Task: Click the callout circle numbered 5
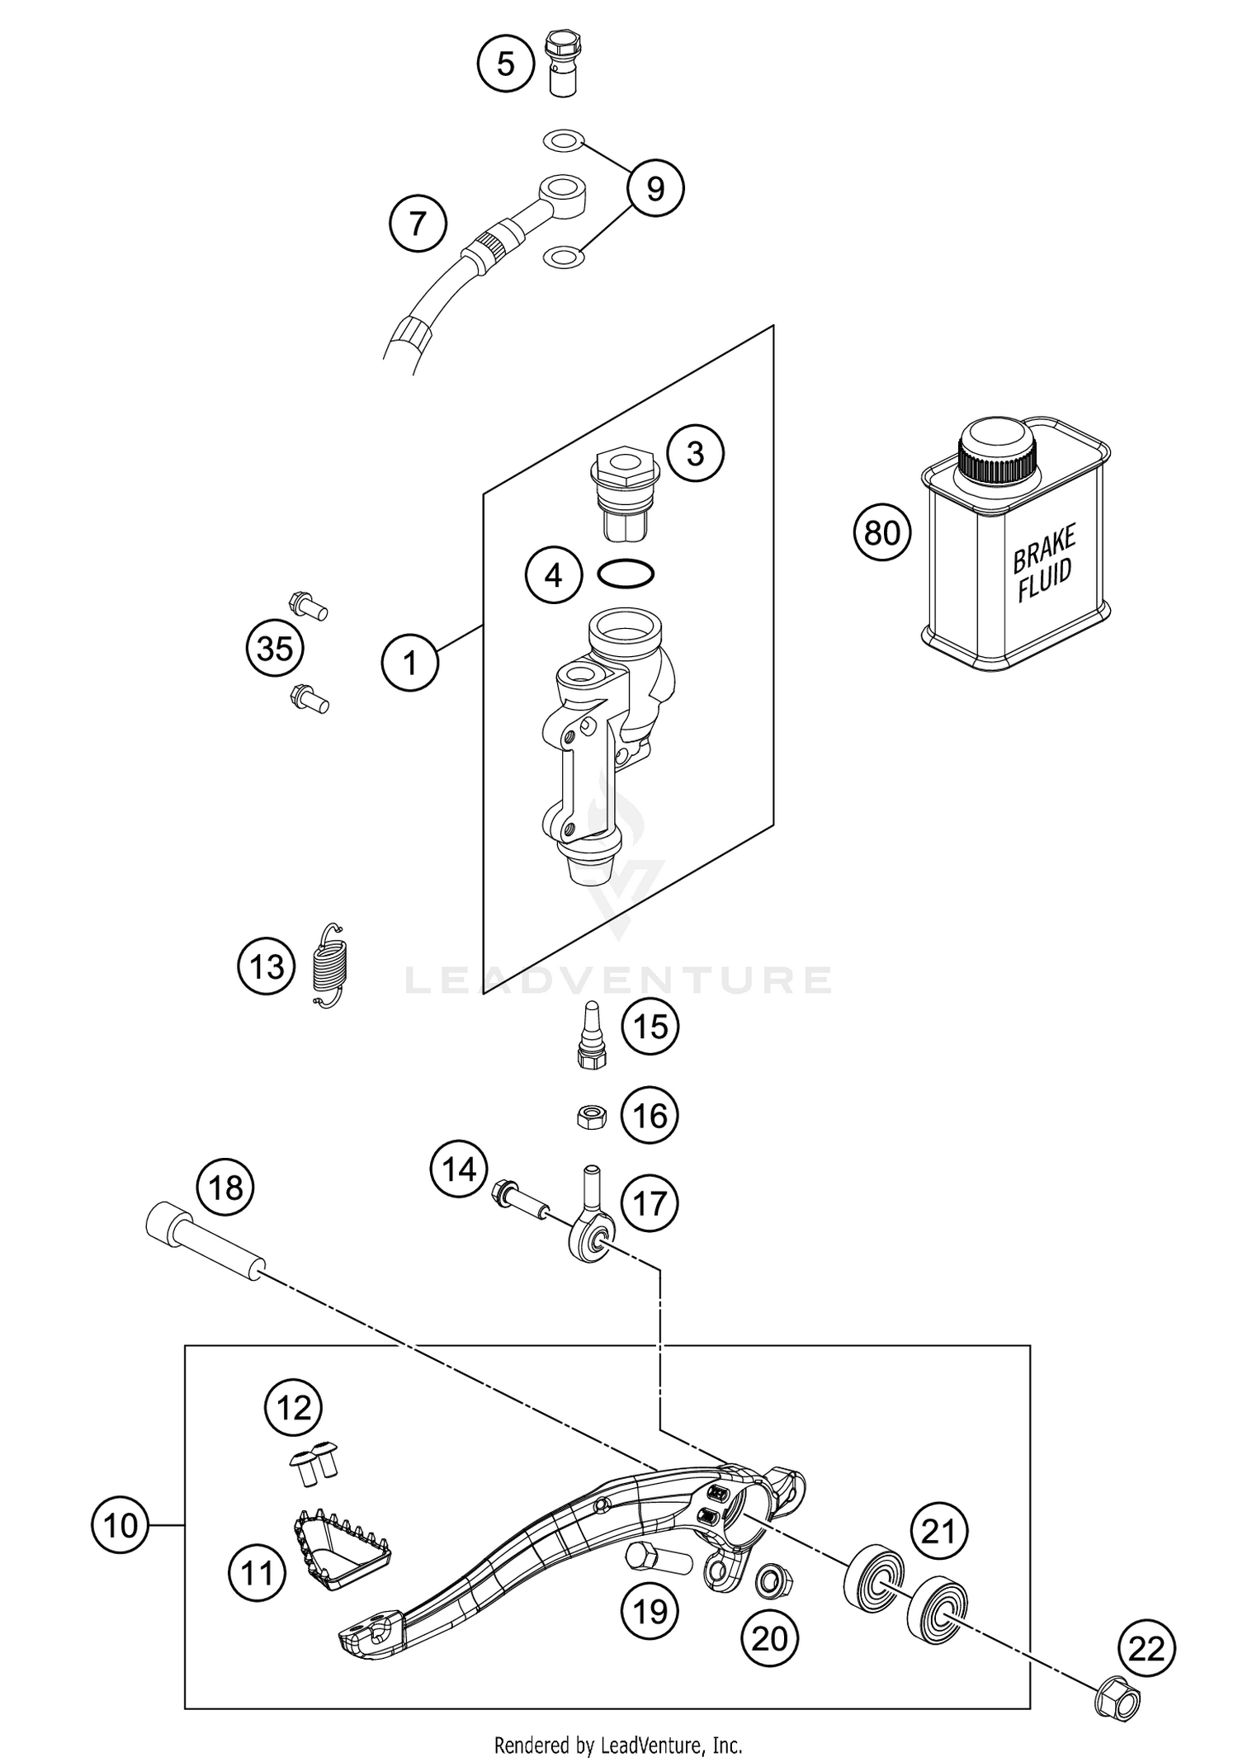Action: [506, 64]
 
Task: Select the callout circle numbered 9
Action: [655, 189]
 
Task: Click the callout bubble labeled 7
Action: [418, 224]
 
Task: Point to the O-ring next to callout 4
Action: [626, 573]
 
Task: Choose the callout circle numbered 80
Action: [882, 533]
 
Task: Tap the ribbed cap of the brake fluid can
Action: [998, 452]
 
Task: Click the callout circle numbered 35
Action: [275, 649]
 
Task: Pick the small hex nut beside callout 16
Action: [592, 1117]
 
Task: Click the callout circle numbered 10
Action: [120, 1525]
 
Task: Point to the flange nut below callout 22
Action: [1118, 1699]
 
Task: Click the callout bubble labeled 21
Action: [939, 1532]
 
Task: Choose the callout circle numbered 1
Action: [410, 662]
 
